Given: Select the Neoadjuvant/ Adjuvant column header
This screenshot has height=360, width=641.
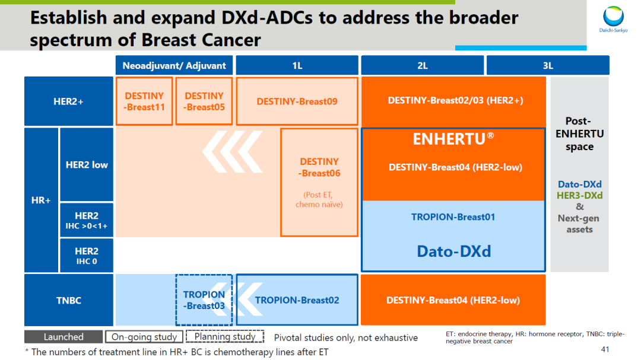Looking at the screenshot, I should [174, 65].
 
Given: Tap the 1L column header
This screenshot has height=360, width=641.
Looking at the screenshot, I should [297, 65].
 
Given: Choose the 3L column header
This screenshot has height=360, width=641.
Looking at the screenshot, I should [547, 65].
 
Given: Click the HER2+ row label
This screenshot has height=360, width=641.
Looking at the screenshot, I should [69, 101].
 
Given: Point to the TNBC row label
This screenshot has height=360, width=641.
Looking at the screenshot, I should [69, 300].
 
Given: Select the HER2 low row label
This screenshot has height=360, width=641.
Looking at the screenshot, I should [87, 165].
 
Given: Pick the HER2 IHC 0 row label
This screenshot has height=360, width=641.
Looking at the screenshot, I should [87, 256].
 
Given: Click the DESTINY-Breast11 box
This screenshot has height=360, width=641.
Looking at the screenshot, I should [144, 101].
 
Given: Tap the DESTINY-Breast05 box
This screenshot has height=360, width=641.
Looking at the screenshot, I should [204, 101].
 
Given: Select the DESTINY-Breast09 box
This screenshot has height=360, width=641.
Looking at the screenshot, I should [297, 101].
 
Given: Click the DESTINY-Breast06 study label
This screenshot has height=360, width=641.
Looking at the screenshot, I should [319, 167].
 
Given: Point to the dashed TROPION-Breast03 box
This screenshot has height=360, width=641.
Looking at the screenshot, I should [204, 300].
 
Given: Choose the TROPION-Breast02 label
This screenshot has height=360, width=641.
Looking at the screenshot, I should [297, 300].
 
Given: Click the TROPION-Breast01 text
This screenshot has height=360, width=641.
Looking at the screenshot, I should [453, 217].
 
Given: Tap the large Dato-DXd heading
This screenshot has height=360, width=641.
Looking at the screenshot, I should [453, 251].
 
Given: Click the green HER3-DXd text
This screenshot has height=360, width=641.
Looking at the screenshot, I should [580, 196].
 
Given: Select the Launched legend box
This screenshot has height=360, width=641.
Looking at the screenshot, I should [64, 337].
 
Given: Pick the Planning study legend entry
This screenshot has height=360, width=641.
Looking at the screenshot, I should [225, 337].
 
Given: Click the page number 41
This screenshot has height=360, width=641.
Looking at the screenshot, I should [605, 349].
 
